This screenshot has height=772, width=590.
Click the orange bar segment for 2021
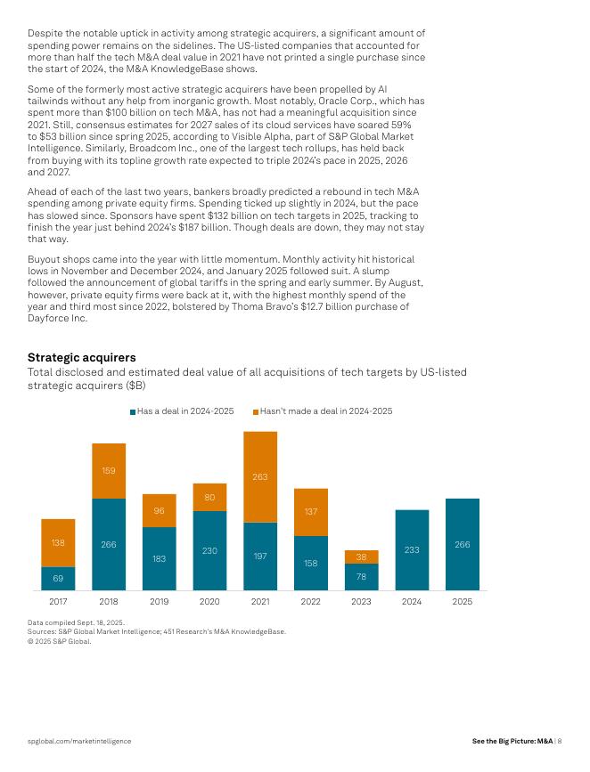(260, 476)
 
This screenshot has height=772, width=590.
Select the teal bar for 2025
(463, 544)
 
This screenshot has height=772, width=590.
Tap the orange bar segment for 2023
(361, 557)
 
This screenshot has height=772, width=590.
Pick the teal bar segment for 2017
(58, 579)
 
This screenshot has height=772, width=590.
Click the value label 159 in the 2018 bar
(109, 470)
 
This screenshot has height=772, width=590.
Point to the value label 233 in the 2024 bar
(412, 550)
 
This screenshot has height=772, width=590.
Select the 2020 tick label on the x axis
(209, 602)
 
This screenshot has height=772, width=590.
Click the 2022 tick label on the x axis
(311, 602)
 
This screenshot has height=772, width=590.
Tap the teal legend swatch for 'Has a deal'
(133, 411)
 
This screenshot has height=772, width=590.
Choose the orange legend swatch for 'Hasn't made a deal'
(256, 411)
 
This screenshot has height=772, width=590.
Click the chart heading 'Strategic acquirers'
(81, 358)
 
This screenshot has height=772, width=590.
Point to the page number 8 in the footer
(560, 741)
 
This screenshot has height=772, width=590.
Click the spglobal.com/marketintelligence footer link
(79, 741)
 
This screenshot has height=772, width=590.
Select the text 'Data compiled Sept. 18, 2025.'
(76, 622)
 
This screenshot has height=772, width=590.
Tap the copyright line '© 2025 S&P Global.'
(60, 640)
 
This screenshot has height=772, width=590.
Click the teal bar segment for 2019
(160, 558)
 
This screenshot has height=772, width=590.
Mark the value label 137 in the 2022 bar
(311, 512)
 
